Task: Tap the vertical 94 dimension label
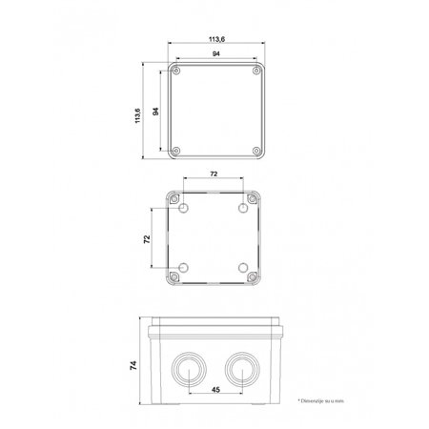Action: (154, 112)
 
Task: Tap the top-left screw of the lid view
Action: (177, 71)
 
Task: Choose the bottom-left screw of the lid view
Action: (177, 152)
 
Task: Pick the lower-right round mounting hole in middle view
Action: (245, 266)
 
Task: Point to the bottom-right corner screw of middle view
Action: (253, 275)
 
